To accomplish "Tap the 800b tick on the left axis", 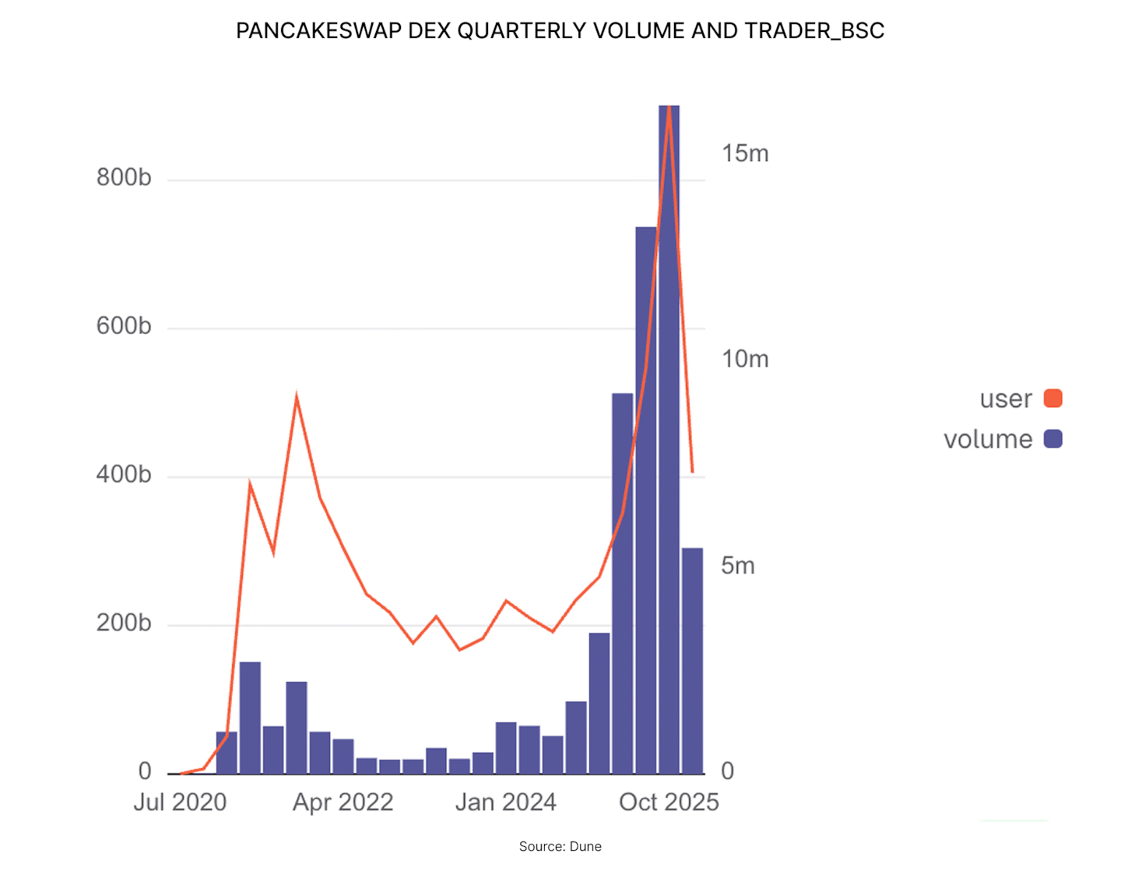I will [x=124, y=177].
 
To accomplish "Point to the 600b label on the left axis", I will [x=124, y=325].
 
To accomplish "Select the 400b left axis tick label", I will [x=124, y=474].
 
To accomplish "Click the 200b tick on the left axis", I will [x=124, y=623].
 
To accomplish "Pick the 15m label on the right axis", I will [x=744, y=153].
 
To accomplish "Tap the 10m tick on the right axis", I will [x=744, y=359].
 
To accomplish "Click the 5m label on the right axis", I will [x=737, y=565].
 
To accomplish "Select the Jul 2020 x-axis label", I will [x=180, y=802].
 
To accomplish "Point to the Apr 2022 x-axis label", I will [x=343, y=802].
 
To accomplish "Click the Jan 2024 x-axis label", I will [x=505, y=802].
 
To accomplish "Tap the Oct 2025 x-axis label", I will [x=669, y=802].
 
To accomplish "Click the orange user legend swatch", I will [x=1052, y=399].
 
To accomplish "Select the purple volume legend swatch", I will [x=1052, y=439].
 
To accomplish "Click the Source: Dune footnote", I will [x=560, y=846].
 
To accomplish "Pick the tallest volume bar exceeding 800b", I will [x=669, y=436].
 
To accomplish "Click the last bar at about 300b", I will [x=692, y=662].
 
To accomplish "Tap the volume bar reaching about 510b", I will [x=622, y=584].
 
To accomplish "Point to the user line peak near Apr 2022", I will [x=297, y=396].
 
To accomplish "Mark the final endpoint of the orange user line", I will [x=692, y=472].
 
